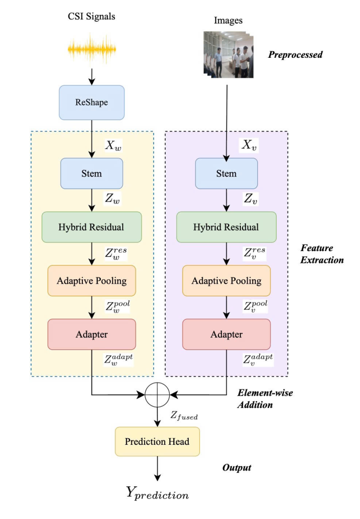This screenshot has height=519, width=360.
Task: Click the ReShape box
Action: pos(92,103)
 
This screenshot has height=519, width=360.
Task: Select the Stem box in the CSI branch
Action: pos(92,174)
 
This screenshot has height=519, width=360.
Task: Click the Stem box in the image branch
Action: pos(226,174)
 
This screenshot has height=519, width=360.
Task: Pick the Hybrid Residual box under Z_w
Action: pos(92,227)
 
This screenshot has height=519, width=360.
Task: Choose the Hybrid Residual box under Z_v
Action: pos(226,227)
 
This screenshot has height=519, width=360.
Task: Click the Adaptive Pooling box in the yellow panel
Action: pos(92,280)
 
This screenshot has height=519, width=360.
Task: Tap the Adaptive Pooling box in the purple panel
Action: pos(226,280)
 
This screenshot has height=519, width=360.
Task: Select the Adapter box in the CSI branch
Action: pos(92,334)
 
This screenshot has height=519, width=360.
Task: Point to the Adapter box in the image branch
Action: pos(226,334)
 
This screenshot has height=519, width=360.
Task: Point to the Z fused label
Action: pos(184,417)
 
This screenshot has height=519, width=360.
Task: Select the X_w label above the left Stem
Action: pos(114,146)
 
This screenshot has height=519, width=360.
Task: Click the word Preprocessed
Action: pos(296,54)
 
